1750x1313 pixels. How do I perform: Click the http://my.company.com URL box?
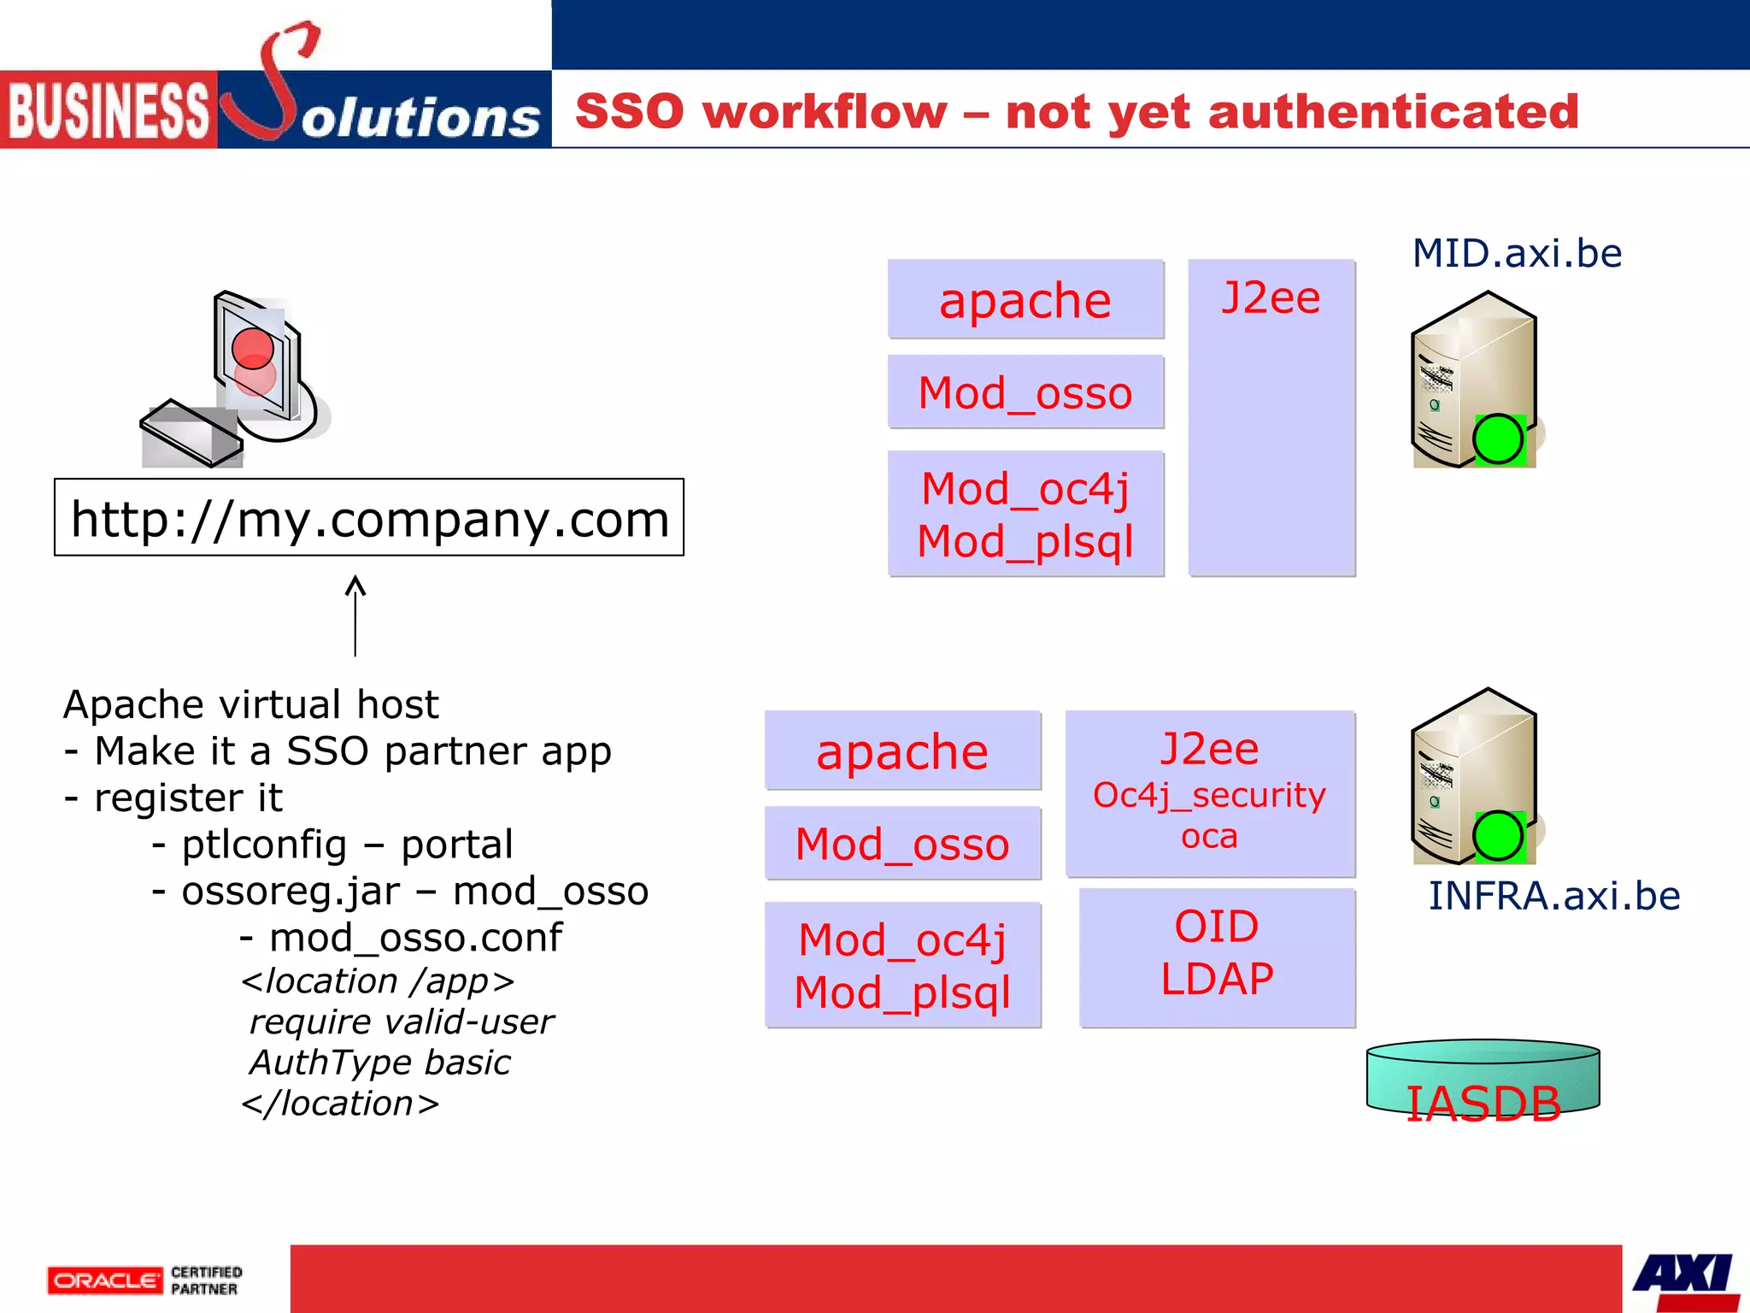(369, 517)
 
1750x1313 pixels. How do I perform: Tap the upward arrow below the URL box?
(355, 615)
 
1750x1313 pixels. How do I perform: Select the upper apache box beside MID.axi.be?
(1025, 299)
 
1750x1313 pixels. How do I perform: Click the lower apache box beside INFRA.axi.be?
(902, 751)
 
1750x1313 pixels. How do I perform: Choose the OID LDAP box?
(1217, 956)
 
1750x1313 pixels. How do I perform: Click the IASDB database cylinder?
(1483, 1079)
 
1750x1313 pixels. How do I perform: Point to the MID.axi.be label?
(1517, 253)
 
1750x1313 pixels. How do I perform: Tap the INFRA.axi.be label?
(1554, 896)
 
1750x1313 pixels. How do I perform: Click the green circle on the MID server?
(1498, 439)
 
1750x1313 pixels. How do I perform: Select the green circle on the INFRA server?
(1498, 835)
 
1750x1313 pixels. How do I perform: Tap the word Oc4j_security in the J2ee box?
(1209, 795)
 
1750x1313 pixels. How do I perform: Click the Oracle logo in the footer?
(105, 1280)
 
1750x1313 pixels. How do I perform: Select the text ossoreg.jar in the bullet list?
(291, 891)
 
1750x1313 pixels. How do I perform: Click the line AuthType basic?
(380, 1062)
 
